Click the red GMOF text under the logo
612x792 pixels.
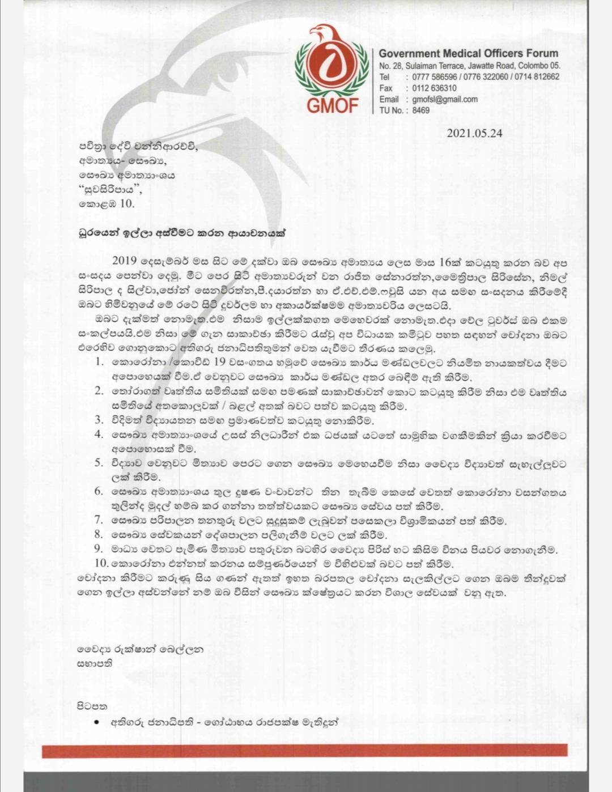pyautogui.click(x=333, y=105)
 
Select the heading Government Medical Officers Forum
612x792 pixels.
pyautogui.click(x=469, y=54)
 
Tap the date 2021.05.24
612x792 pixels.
pyautogui.click(x=474, y=134)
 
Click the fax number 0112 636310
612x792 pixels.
pyautogui.click(x=435, y=88)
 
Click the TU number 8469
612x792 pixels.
pyautogui.click(x=421, y=110)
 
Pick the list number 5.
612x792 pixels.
pyautogui.click(x=99, y=463)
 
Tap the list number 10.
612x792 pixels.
pyautogui.click(x=101, y=563)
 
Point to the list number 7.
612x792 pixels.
pyautogui.click(x=99, y=520)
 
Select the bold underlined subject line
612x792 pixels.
pyautogui.click(x=183, y=232)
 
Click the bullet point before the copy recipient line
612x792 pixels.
pyautogui.click(x=97, y=723)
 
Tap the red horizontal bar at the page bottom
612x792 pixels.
pyautogui.click(x=305, y=751)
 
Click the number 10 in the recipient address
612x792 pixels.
pyautogui.click(x=127, y=204)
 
